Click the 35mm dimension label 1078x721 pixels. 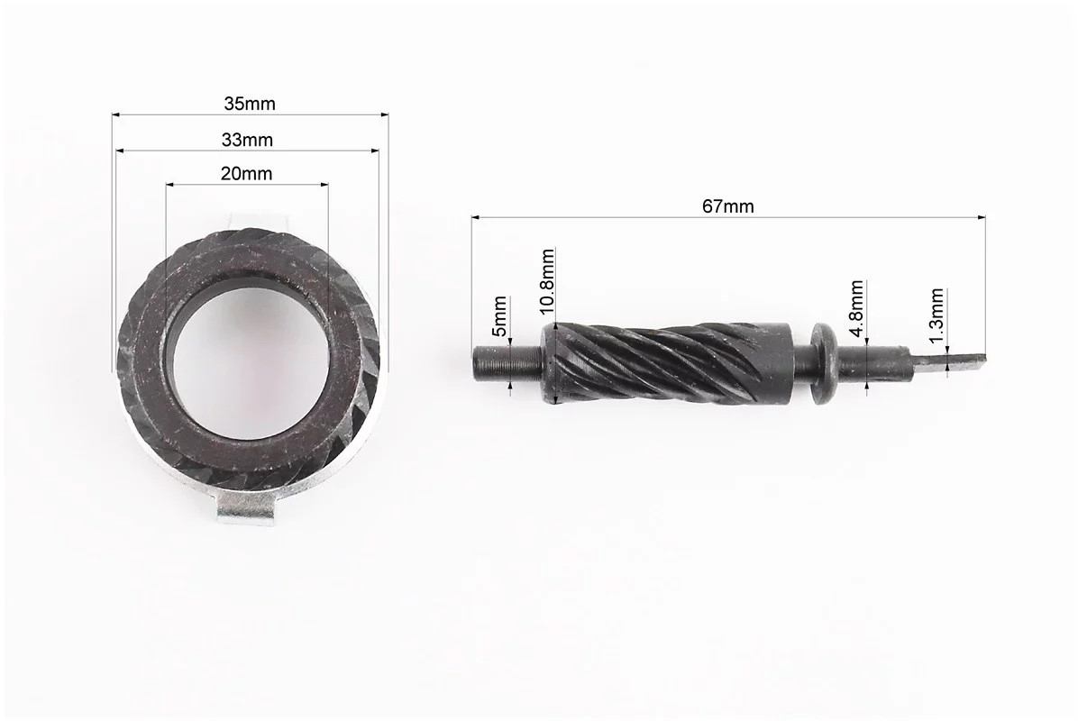(250, 104)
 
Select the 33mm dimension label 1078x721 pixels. (248, 141)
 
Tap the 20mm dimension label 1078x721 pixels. (246, 173)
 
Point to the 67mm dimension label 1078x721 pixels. (728, 206)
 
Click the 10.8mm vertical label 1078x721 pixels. (547, 281)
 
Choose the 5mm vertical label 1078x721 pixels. (500, 315)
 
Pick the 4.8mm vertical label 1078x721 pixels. (856, 308)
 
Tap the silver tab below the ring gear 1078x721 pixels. (245, 511)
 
